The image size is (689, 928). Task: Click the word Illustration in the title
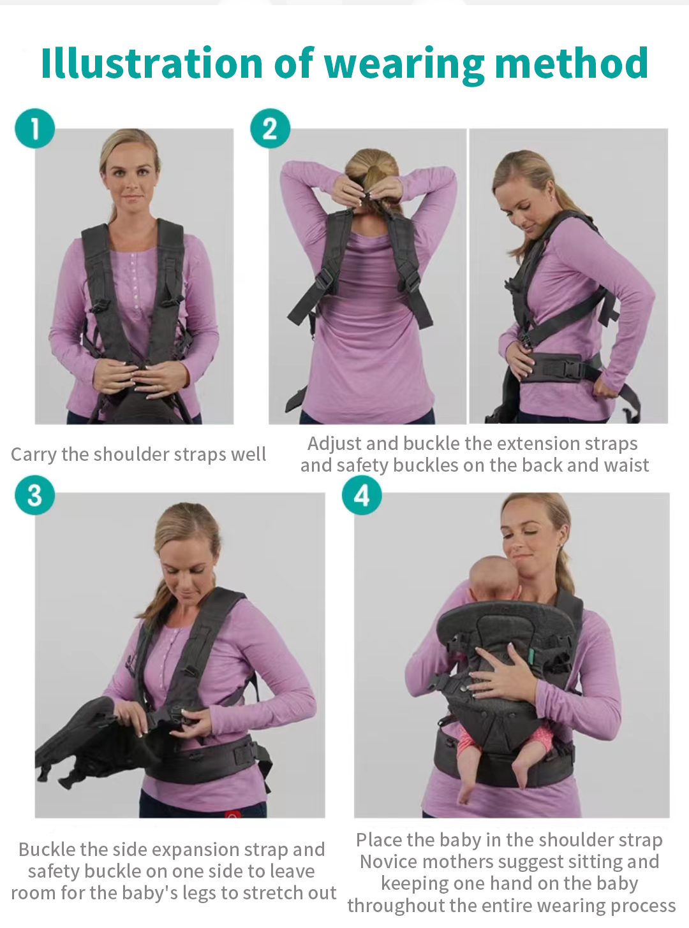tap(152, 64)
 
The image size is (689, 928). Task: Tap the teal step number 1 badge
tap(35, 128)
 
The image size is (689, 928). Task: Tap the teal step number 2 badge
tap(270, 128)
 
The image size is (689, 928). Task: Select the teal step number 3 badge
tap(35, 495)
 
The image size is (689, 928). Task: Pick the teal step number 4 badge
tap(362, 495)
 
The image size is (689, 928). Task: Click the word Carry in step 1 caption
tap(34, 454)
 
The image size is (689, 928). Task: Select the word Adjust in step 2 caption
tap(334, 444)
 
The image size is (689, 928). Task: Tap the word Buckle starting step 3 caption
tap(47, 850)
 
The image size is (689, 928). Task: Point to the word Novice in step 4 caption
tap(389, 862)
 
